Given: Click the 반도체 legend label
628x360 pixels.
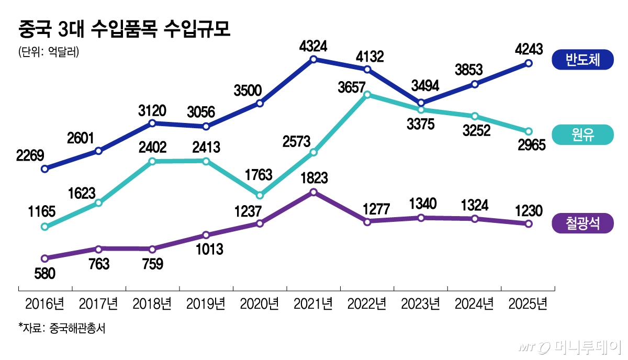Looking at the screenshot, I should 582,61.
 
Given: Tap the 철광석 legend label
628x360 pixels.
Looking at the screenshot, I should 582,224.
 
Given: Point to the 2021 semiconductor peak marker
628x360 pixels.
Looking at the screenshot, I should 313,60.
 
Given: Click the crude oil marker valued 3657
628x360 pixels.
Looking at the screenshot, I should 367,95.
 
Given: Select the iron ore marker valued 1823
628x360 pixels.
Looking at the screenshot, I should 313,192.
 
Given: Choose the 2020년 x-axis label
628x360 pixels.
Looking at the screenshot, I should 260,303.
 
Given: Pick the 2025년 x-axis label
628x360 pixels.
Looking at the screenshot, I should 528,303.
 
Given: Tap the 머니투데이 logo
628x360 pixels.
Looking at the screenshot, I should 570,347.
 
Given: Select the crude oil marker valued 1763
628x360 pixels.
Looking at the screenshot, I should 260,195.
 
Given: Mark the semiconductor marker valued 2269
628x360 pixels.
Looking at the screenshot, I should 44,169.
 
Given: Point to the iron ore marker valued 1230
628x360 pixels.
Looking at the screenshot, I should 529,224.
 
